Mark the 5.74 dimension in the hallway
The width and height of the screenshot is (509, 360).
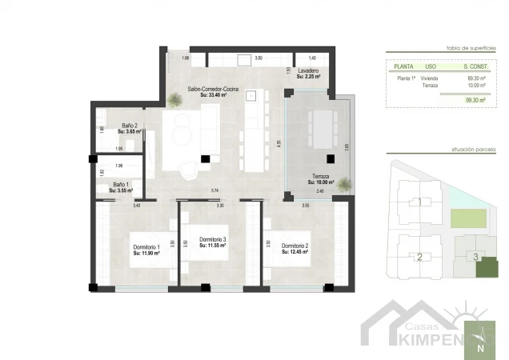click(x=214, y=190)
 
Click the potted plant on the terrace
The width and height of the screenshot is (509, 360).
click(x=344, y=185)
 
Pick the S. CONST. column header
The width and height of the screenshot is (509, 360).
click(x=477, y=66)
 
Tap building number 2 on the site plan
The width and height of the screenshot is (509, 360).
click(x=419, y=257)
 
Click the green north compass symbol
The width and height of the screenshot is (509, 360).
click(x=480, y=339)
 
